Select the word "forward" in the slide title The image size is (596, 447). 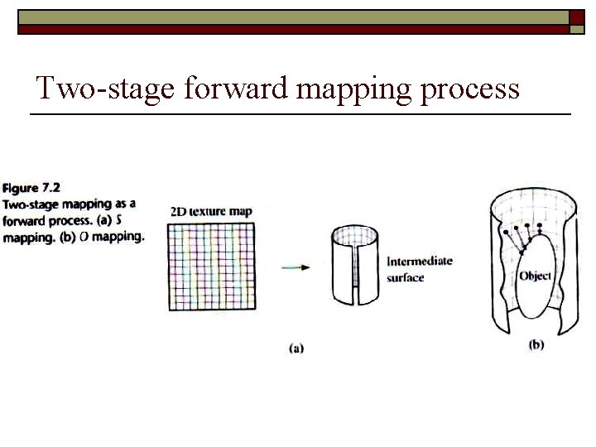click(x=236, y=88)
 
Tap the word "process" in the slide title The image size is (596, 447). click(x=470, y=91)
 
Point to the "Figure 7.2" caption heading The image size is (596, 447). click(x=31, y=188)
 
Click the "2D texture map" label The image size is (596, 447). click(x=211, y=211)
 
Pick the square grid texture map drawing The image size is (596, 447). click(x=212, y=267)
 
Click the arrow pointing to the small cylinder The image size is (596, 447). click(x=296, y=267)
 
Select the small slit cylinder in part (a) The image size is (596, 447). click(x=355, y=265)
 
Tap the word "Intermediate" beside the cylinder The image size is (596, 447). click(x=420, y=261)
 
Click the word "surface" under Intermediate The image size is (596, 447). click(x=405, y=278)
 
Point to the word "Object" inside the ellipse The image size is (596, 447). click(x=535, y=276)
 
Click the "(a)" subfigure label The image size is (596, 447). click(x=296, y=348)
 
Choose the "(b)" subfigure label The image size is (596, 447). click(x=536, y=344)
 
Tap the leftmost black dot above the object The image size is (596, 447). click(x=506, y=232)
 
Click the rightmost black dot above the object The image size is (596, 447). click(x=540, y=225)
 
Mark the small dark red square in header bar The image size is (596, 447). click(x=577, y=17)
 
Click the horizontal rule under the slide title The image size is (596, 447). click(x=300, y=114)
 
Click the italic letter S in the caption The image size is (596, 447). click(x=118, y=220)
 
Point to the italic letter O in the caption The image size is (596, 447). click(x=84, y=237)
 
